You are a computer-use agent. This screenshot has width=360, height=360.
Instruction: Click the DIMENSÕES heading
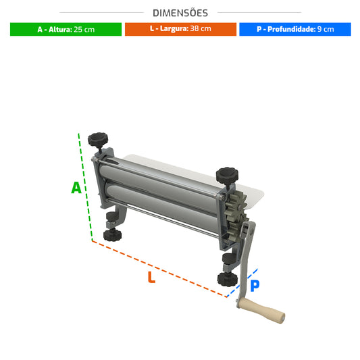tap(180, 13)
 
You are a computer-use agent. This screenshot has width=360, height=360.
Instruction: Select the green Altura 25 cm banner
tap(66, 29)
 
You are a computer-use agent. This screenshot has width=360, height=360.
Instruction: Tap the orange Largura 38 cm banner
tap(180, 29)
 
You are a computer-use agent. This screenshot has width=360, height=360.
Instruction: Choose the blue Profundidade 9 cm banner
tap(295, 29)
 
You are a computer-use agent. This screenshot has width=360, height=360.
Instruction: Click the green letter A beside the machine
tap(76, 188)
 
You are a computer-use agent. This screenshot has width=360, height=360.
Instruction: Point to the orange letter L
tap(151, 277)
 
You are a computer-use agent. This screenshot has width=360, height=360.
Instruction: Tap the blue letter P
tap(255, 286)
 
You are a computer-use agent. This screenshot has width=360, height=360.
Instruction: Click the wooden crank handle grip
tap(261, 311)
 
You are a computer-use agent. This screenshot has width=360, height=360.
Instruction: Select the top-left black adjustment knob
tap(98, 139)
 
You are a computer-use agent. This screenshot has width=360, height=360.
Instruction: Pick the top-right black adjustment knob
tap(227, 176)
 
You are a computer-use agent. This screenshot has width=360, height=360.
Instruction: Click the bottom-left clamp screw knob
tap(112, 234)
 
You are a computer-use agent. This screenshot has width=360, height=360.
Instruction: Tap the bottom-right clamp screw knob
tap(228, 279)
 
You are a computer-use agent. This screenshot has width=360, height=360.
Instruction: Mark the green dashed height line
tap(85, 186)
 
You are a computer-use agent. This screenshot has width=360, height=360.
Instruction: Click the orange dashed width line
tap(159, 269)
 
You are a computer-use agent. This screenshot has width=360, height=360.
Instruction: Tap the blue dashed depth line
tap(242, 283)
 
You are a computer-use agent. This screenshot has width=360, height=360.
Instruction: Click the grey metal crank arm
tap(246, 262)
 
